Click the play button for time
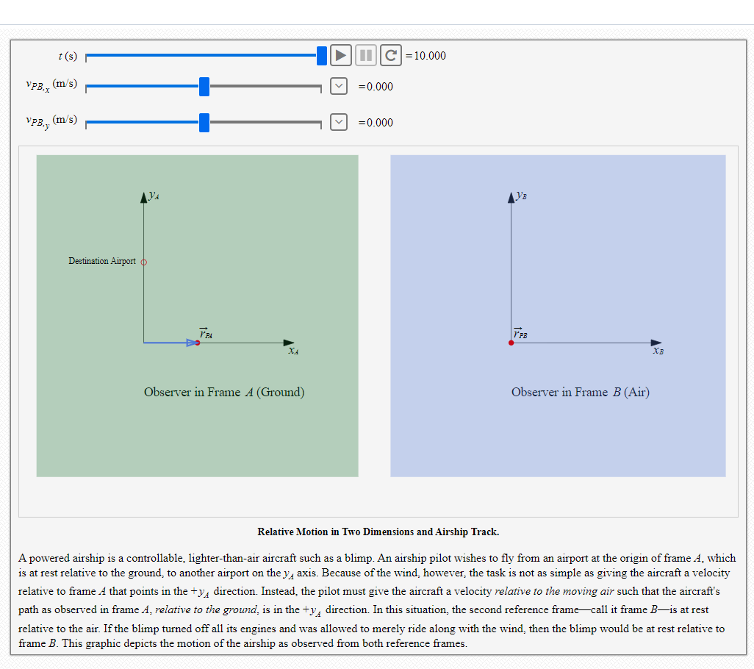coord(340,55)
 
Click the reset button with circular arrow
coord(392,55)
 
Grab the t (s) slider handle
coord(321,55)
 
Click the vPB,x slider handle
coord(204,87)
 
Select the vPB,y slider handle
coord(204,123)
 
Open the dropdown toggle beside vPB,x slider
coord(338,86)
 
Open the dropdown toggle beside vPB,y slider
coord(338,122)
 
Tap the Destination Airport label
coord(102,261)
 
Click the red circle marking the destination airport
coord(144,262)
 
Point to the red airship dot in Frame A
coord(198,343)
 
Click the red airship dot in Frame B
coord(511,343)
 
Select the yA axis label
coord(154,196)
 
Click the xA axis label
coord(292,352)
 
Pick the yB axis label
coord(521,196)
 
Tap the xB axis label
coord(658,352)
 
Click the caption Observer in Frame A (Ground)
coord(224,392)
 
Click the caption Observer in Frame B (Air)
coord(580,392)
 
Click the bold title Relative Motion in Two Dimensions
coord(378,532)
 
